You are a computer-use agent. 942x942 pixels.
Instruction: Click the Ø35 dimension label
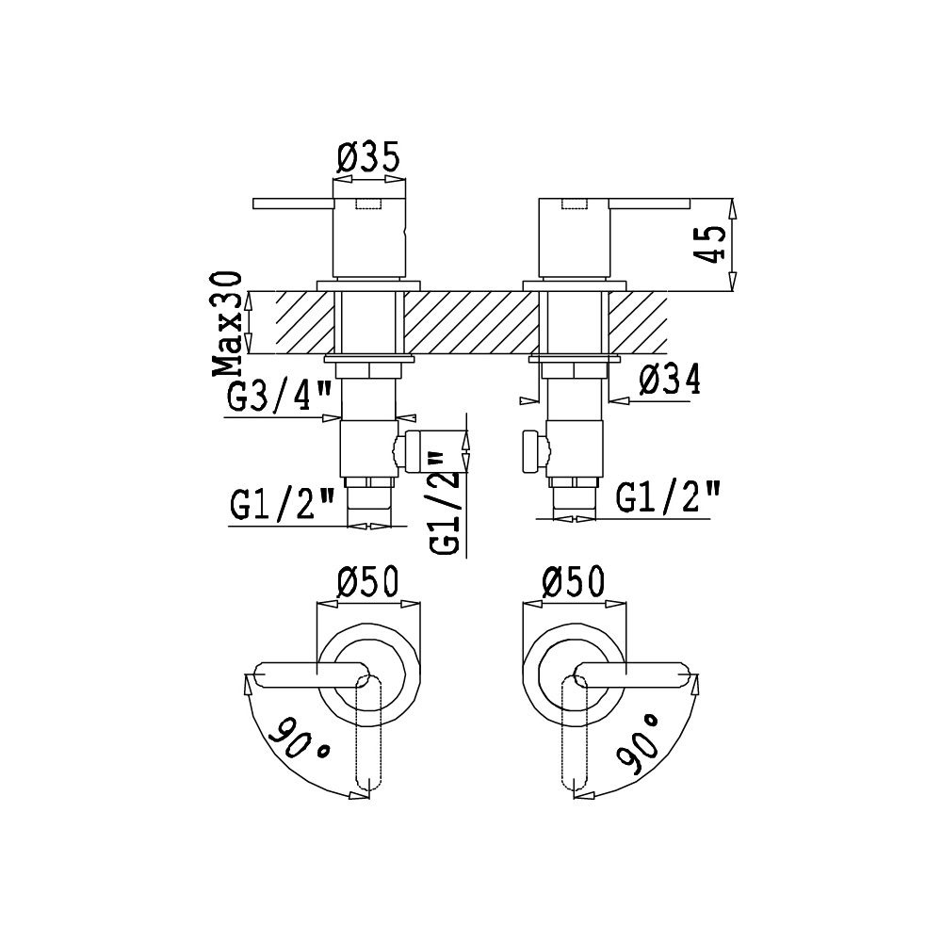[368, 158]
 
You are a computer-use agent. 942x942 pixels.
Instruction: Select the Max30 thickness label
[228, 324]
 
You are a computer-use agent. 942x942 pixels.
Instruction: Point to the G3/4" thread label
[280, 397]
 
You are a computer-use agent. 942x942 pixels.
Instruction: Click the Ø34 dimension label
[670, 381]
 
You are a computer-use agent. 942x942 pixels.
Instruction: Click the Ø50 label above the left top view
[368, 582]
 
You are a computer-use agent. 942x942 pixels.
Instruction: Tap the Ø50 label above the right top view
[573, 582]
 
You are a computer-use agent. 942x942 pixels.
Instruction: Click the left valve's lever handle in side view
[293, 203]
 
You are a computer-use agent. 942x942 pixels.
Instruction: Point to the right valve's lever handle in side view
[650, 203]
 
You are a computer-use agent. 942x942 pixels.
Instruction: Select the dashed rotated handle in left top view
[368, 731]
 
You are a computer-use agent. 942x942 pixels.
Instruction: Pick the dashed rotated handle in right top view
[575, 731]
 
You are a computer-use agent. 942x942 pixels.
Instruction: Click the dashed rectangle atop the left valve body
[369, 204]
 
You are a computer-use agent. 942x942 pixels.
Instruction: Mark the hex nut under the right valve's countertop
[575, 370]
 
